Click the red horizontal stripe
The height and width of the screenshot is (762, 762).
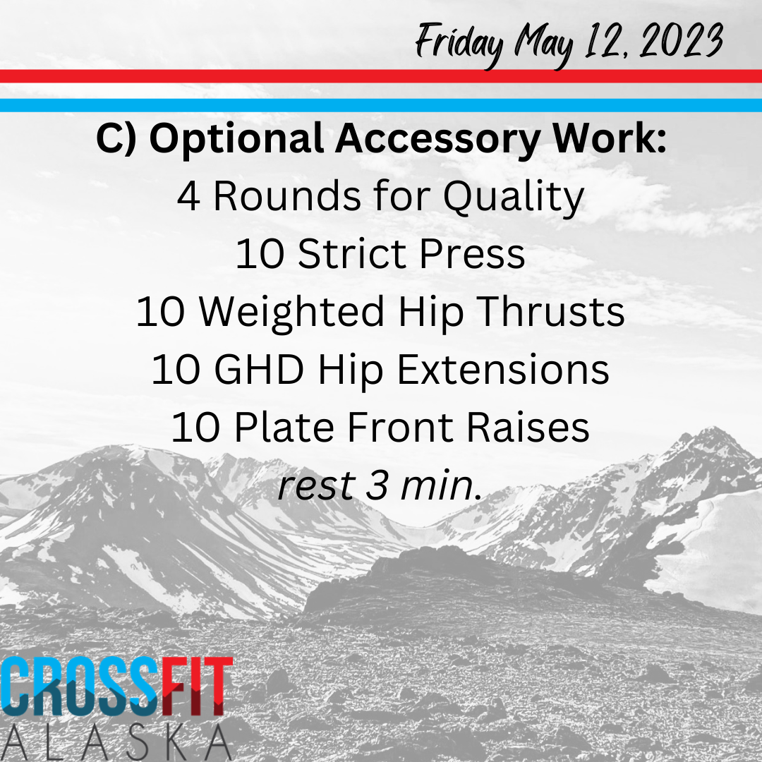pyautogui.click(x=381, y=76)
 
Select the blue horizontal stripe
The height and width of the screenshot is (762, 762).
pyautogui.click(x=381, y=105)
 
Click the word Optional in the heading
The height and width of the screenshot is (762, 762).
pyautogui.click(x=236, y=140)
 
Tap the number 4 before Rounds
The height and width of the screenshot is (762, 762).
pyautogui.click(x=188, y=196)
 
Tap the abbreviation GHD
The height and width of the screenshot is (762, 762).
pyautogui.click(x=259, y=369)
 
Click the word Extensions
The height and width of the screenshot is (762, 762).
pyautogui.click(x=503, y=369)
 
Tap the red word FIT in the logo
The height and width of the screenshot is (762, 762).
pyautogui.click(x=197, y=687)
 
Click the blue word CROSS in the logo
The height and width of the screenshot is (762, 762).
pyautogui.click(x=80, y=687)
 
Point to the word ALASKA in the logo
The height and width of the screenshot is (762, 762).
pyautogui.click(x=114, y=743)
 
